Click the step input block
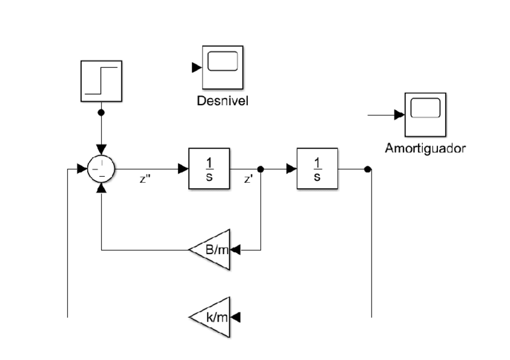pyautogui.click(x=102, y=81)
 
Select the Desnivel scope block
pyautogui.click(x=223, y=67)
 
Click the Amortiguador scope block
pyautogui.click(x=425, y=114)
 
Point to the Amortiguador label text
pyautogui.click(x=425, y=148)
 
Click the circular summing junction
pyautogui.click(x=101, y=169)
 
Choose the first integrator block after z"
pyautogui.click(x=209, y=168)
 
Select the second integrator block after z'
pyautogui.click(x=317, y=168)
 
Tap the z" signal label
pyautogui.click(x=144, y=180)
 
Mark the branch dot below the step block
pyautogui.click(x=102, y=112)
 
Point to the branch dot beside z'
pyautogui.click(x=260, y=169)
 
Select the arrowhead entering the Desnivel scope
pyautogui.click(x=196, y=67)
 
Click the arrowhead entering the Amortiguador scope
pyautogui.click(x=398, y=114)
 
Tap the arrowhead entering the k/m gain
pyautogui.click(x=236, y=316)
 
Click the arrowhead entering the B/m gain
pyautogui.click(x=236, y=249)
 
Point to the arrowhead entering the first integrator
pyautogui.click(x=183, y=169)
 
